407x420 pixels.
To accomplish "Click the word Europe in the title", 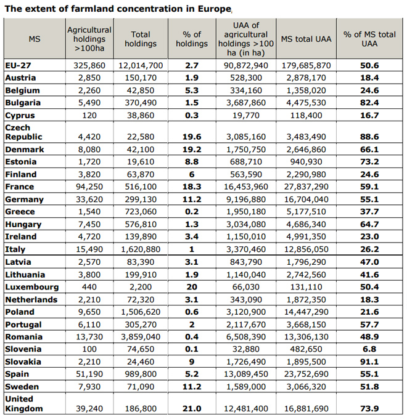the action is pos(215,9).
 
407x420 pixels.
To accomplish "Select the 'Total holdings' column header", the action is pos(141,39).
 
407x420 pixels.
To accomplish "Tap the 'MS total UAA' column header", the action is pos(306,39).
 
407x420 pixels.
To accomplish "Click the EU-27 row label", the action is pos(18,65).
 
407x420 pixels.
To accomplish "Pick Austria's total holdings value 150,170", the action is pos(141,78).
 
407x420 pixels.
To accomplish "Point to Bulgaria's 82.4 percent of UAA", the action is pos(369,103).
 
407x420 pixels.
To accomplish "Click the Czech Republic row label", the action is pos(23,132).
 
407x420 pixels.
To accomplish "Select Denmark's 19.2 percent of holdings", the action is pos(192,150).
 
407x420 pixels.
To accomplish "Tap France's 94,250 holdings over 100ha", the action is pos(89,187).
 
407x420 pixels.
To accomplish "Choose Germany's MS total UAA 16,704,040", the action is pos(306,200).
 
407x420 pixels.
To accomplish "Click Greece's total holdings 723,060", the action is pos(141,212).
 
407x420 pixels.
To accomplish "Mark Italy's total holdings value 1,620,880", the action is pos(141,249).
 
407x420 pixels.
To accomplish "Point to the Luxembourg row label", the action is pos(32,287).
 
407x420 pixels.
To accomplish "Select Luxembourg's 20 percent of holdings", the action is pos(192,287).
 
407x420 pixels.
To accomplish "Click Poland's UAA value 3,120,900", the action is pos(246,312).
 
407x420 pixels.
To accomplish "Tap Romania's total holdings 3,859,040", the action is pos(141,337).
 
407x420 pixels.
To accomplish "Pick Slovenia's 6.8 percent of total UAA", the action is pos(369,349).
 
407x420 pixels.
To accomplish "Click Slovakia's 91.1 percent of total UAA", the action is pos(369,362).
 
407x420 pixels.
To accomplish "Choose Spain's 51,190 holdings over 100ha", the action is pos(89,374).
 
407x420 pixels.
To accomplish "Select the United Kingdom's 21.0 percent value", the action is pos(192,409).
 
